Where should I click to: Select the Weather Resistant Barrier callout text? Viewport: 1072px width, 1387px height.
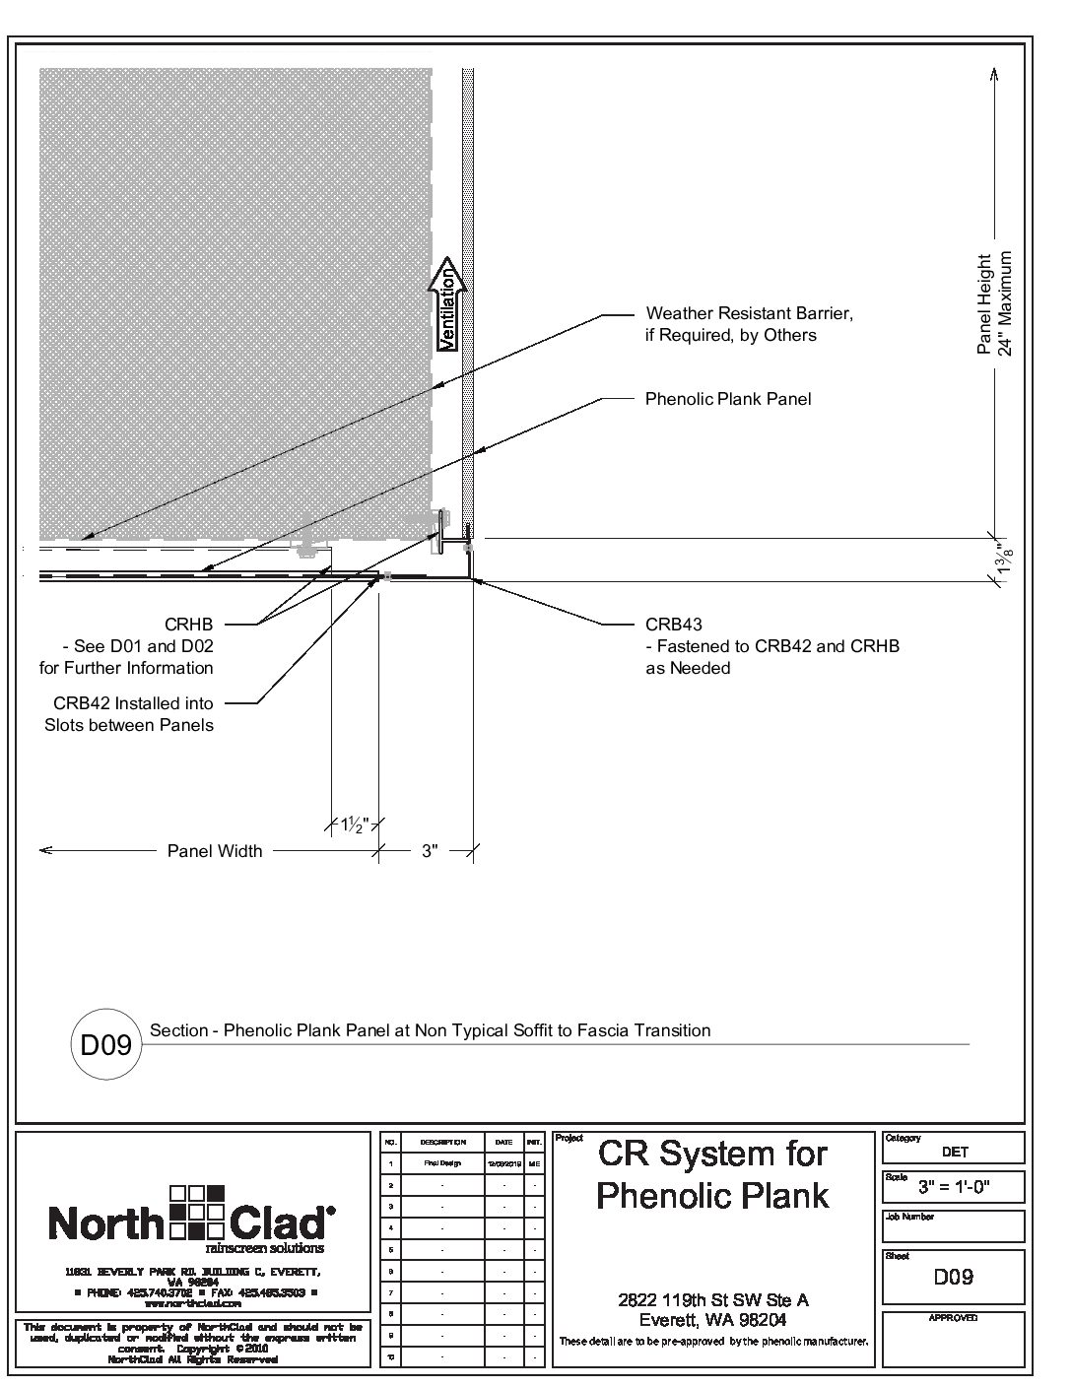click(x=749, y=324)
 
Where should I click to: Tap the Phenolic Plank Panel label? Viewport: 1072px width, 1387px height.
click(x=728, y=399)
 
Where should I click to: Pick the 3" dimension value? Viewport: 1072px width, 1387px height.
click(x=430, y=851)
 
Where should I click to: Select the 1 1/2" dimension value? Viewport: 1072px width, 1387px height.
click(x=353, y=825)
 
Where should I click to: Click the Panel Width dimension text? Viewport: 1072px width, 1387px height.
click(x=215, y=851)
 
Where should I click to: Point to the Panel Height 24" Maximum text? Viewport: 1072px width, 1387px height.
click(x=994, y=302)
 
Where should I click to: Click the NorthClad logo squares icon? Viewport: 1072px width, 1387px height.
click(x=198, y=1211)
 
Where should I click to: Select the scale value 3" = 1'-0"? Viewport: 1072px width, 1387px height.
click(x=952, y=1187)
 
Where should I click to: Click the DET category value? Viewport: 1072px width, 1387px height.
click(x=954, y=1151)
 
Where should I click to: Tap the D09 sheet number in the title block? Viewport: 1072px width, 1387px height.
click(x=953, y=1277)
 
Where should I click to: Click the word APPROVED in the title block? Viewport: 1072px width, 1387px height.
click(x=953, y=1318)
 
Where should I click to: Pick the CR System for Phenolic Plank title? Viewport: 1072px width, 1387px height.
click(x=713, y=1174)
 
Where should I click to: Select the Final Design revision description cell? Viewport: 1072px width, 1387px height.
click(x=442, y=1163)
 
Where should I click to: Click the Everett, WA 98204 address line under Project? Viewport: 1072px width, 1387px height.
click(x=712, y=1320)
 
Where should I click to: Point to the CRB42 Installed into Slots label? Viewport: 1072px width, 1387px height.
click(x=129, y=714)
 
